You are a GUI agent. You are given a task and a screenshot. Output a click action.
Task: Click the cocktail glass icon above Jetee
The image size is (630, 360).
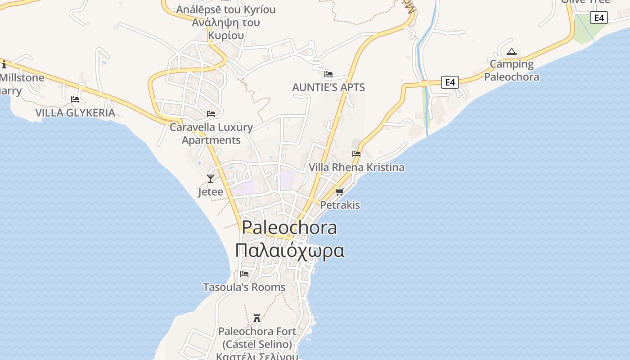(x=210, y=179)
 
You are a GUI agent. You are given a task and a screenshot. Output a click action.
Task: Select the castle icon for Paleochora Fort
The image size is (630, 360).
(x=257, y=318)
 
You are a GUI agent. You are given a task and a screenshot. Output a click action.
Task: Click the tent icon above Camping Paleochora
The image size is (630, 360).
(x=511, y=52)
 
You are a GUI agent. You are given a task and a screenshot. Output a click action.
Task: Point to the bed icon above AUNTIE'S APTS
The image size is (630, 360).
(x=328, y=74)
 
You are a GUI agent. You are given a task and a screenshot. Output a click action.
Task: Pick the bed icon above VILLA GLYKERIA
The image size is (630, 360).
(x=75, y=99)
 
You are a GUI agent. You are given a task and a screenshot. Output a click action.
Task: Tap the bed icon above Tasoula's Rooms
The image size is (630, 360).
(x=244, y=274)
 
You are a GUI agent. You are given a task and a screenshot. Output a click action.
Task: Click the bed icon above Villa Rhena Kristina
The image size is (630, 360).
(x=356, y=154)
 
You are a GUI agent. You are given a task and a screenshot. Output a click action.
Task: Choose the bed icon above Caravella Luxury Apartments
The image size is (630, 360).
(x=211, y=114)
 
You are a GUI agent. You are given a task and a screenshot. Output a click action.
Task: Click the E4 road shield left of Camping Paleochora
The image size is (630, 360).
(x=450, y=82)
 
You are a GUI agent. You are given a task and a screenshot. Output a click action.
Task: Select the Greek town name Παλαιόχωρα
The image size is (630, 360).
(x=290, y=251)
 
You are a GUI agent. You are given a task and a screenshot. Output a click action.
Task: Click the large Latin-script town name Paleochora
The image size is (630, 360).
(x=289, y=228)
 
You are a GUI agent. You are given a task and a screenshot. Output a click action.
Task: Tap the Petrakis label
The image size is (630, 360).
(x=340, y=205)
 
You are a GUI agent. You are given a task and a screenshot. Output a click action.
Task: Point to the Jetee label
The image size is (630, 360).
(x=210, y=192)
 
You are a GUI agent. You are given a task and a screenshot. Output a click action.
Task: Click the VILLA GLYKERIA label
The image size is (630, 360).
(x=75, y=112)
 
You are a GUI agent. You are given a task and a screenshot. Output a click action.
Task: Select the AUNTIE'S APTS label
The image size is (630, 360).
(x=328, y=87)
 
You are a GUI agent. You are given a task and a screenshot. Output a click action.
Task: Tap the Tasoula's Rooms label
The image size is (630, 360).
(x=244, y=287)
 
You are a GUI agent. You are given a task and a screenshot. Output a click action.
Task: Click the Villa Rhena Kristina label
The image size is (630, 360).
(x=356, y=167)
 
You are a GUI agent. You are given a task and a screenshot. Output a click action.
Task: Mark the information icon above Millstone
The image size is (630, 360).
(x=4, y=64)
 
